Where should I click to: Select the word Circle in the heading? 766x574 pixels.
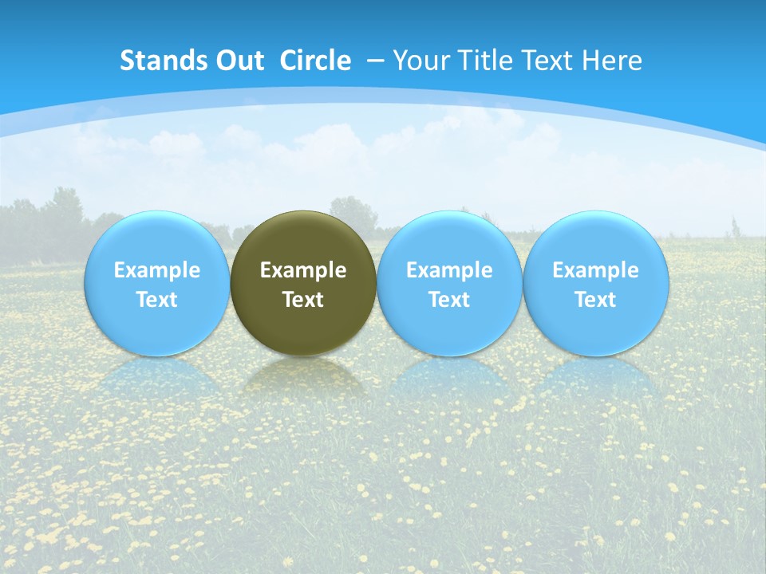(x=315, y=61)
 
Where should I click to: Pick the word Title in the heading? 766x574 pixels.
(x=480, y=61)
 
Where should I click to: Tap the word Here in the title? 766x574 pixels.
(x=612, y=61)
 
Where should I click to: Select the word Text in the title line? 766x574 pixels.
(x=547, y=61)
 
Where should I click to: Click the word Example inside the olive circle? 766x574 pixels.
(x=303, y=270)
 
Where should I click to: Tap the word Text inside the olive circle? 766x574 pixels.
(x=303, y=300)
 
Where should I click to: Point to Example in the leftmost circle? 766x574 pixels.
(x=157, y=270)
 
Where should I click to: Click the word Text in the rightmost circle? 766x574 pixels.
(x=596, y=300)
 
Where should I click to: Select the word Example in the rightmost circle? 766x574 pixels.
(x=596, y=270)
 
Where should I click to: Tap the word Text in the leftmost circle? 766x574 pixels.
(x=157, y=300)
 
